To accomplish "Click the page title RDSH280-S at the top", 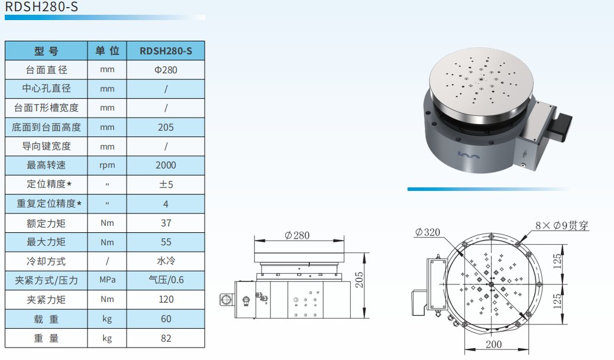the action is [x=41, y=7].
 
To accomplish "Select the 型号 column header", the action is [x=46, y=51].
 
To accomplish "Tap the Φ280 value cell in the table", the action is [x=166, y=70].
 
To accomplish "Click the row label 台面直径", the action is [x=46, y=70].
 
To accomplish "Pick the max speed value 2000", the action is [x=166, y=165].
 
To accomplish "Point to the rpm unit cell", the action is [x=107, y=166].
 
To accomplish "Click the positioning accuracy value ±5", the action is [x=166, y=184].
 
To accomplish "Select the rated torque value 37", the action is [x=166, y=223].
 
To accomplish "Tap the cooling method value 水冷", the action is [x=166, y=261].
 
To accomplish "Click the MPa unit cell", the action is [x=107, y=280].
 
